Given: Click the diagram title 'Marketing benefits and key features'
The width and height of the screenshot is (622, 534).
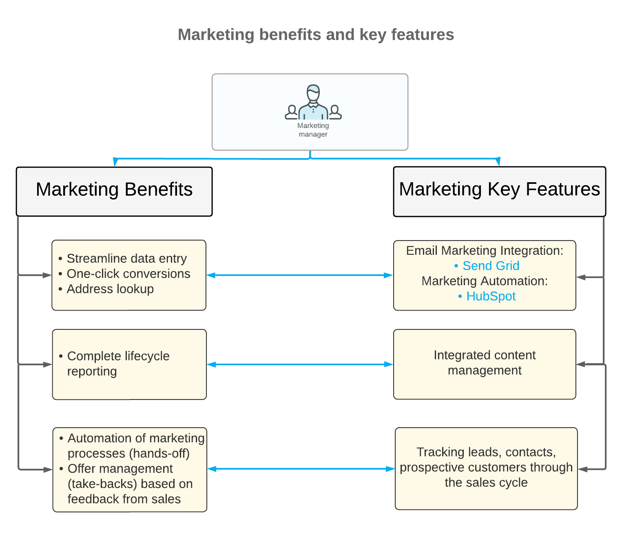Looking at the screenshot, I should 316,35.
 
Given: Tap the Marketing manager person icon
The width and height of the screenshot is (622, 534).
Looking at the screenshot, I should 313,102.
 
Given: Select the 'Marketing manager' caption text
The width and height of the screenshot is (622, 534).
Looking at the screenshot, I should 313,130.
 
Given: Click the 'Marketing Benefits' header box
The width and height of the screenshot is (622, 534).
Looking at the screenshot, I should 114,191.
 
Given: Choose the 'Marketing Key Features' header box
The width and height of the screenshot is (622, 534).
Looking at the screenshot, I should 499,191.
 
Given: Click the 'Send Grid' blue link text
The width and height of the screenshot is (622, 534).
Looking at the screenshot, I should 491,266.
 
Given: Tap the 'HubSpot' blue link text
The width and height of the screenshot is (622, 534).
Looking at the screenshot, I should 491,296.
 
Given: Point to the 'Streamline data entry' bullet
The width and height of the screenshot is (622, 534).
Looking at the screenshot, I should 126,258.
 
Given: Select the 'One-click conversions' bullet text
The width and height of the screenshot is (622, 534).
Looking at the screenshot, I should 128,274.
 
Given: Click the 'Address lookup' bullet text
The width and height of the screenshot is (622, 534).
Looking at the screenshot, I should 110,289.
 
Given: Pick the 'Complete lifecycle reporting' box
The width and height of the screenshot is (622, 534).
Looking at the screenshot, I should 129,364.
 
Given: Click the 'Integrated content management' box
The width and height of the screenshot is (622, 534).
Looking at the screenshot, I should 485,364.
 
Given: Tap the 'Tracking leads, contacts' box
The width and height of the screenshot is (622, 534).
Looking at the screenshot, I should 486,468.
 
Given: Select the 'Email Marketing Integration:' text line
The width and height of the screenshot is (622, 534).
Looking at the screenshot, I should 485,251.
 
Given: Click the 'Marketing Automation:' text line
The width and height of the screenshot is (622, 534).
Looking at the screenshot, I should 485,281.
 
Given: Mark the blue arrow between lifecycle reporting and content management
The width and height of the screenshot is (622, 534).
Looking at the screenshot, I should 300,364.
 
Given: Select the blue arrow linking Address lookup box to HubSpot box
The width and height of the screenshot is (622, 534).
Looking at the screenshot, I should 300,275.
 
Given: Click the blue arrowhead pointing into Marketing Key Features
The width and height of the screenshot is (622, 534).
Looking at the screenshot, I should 498,162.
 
